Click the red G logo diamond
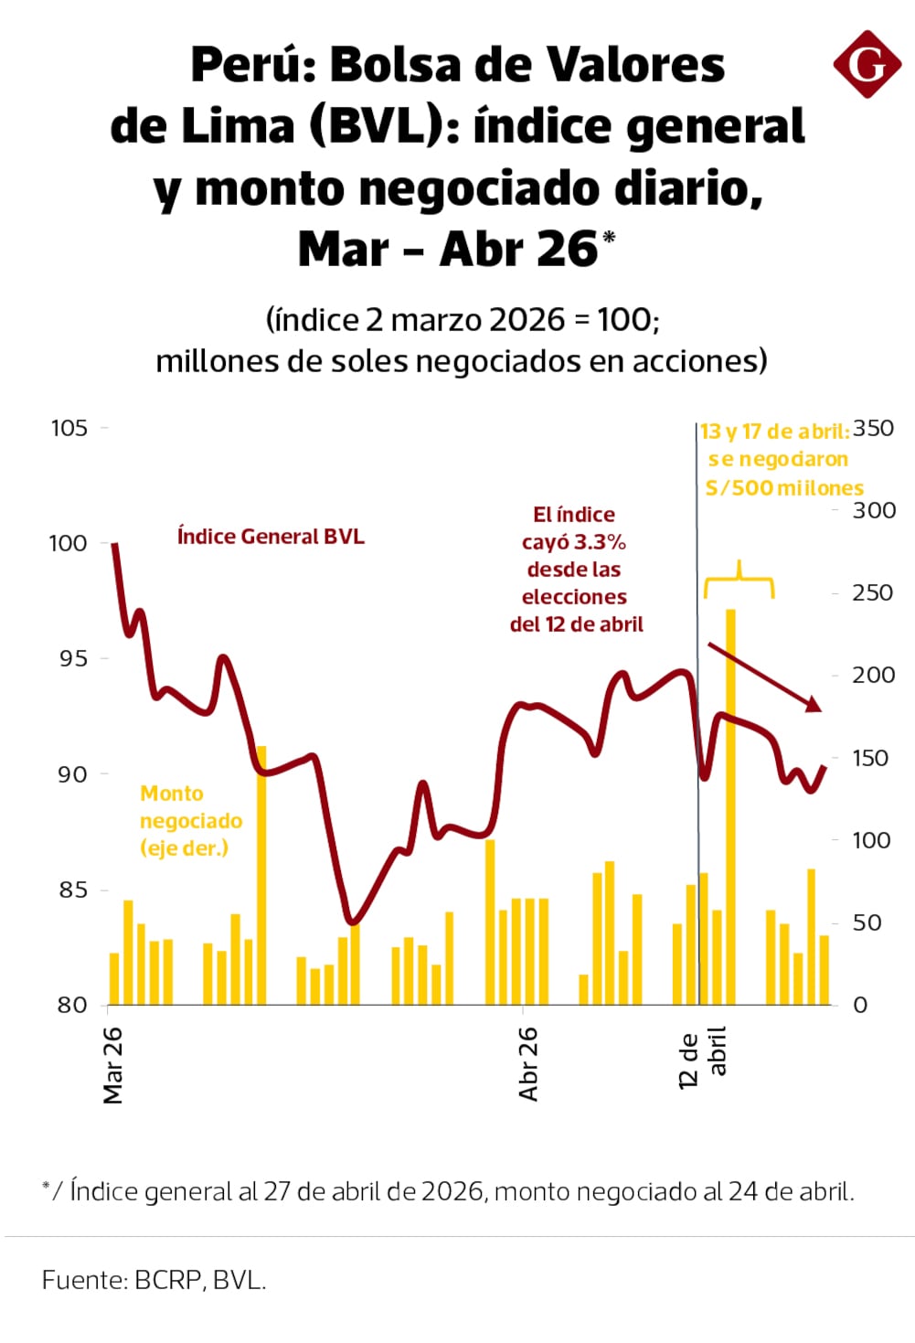point(867,64)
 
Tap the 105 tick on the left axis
point(69,428)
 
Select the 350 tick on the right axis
point(873,428)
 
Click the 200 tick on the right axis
point(873,675)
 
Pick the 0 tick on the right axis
point(859,1005)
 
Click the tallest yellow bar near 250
point(730,805)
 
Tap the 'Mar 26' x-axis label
point(113,1065)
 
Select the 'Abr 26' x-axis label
point(528,1063)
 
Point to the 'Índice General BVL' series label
point(271,537)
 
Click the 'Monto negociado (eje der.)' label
point(190,821)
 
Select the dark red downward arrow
point(764,677)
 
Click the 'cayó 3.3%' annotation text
point(574,542)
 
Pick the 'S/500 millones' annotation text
point(784,488)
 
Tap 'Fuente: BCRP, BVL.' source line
point(154,1280)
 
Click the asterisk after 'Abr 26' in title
point(609,238)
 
